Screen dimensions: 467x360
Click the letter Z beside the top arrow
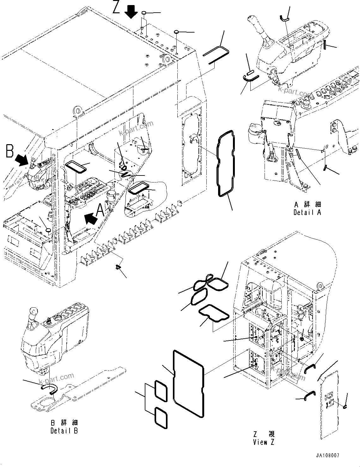116,7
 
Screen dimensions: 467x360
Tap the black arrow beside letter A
91,218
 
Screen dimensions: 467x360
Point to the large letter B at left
9,151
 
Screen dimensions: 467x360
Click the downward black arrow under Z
131,13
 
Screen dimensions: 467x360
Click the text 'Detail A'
307,212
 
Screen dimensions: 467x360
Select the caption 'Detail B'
64,430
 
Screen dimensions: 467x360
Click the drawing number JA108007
327,456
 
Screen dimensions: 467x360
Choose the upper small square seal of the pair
161,390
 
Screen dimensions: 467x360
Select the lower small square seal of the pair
161,417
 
